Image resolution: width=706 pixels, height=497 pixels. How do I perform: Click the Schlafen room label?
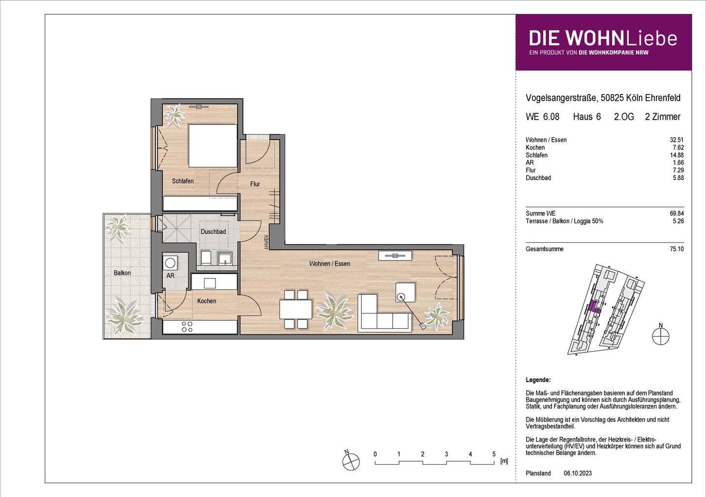[x=182, y=181]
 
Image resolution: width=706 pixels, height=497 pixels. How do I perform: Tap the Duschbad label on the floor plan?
[x=213, y=232]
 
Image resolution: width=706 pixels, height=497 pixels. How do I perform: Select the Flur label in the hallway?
[x=255, y=184]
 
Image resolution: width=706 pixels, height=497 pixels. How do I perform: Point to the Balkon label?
[x=122, y=273]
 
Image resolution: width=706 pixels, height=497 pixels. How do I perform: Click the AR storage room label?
[x=170, y=276]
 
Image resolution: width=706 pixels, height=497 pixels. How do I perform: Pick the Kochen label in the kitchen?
[x=206, y=301]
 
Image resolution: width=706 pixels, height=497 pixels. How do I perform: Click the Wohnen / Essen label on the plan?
[x=329, y=264]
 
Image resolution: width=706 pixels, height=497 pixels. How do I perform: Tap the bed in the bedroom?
[x=213, y=145]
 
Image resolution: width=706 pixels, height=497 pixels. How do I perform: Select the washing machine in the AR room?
[x=170, y=262]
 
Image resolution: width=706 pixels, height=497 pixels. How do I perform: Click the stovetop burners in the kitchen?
[x=187, y=327]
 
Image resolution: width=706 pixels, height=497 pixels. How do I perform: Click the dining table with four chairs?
[x=296, y=309]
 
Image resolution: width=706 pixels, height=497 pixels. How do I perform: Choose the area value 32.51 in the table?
[x=677, y=140]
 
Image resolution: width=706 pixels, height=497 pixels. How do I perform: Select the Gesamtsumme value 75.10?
[x=677, y=249]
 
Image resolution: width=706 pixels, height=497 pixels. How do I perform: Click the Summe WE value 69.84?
[x=677, y=213]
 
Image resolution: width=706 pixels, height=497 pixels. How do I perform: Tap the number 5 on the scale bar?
[x=494, y=454]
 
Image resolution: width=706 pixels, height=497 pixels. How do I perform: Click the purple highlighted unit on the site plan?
[x=595, y=307]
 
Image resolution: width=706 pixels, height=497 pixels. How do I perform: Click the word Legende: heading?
[x=538, y=380]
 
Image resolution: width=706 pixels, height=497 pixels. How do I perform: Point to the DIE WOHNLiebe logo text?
[x=603, y=38]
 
